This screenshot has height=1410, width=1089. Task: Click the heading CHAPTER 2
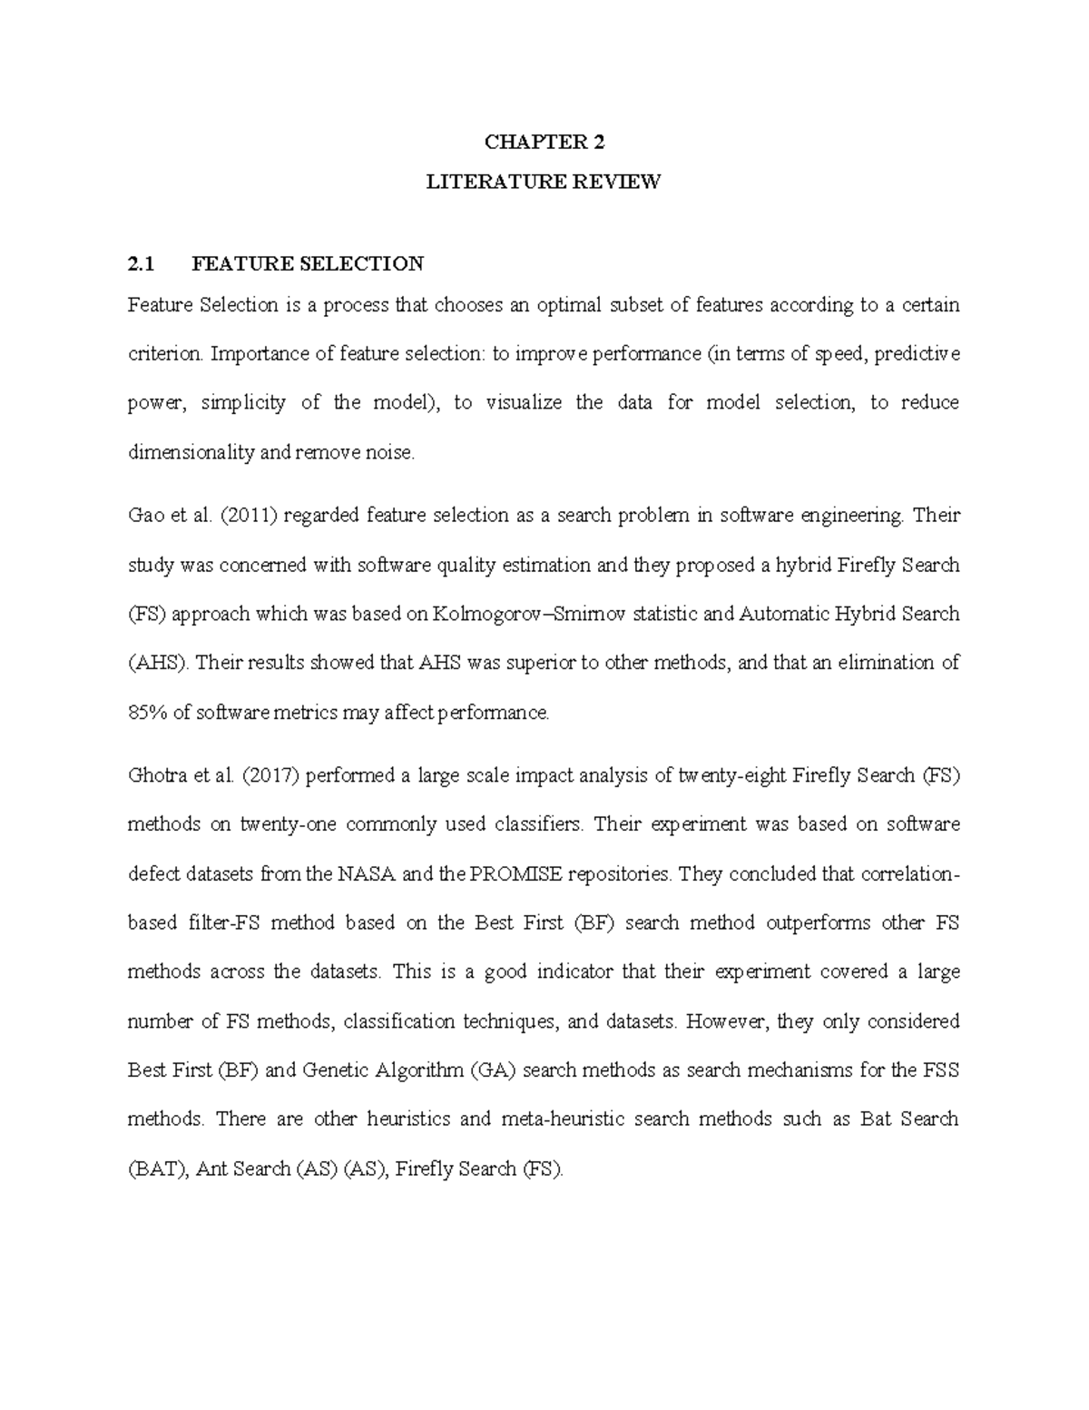click(544, 142)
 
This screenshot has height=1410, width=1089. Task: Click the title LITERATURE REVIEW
click(544, 182)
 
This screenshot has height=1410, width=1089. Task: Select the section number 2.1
click(142, 264)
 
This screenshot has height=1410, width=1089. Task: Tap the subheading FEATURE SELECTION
click(307, 264)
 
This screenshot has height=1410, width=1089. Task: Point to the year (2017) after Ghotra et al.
click(274, 775)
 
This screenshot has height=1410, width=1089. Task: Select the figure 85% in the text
click(147, 713)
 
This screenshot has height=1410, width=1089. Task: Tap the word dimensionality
click(191, 452)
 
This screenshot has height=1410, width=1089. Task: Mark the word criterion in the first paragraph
click(165, 354)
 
